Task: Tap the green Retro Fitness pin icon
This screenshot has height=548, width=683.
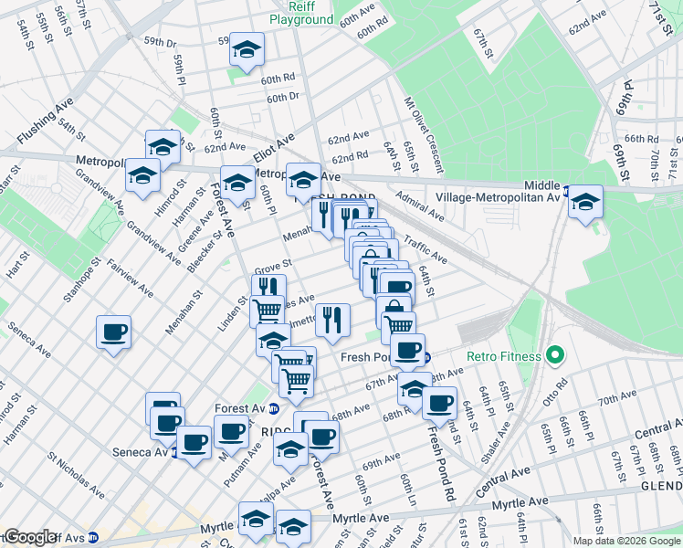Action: [x=552, y=356]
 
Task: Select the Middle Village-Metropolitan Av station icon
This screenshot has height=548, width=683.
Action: [x=567, y=192]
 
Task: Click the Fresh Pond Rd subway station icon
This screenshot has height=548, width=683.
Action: [x=426, y=357]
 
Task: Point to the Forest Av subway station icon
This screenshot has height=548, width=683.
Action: [x=248, y=407]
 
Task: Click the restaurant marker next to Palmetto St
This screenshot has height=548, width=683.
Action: [x=332, y=319]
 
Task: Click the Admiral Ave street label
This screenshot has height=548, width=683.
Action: [x=420, y=205]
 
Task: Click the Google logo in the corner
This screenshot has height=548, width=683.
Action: [x=30, y=537]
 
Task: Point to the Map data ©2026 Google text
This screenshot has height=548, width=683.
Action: [x=626, y=541]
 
